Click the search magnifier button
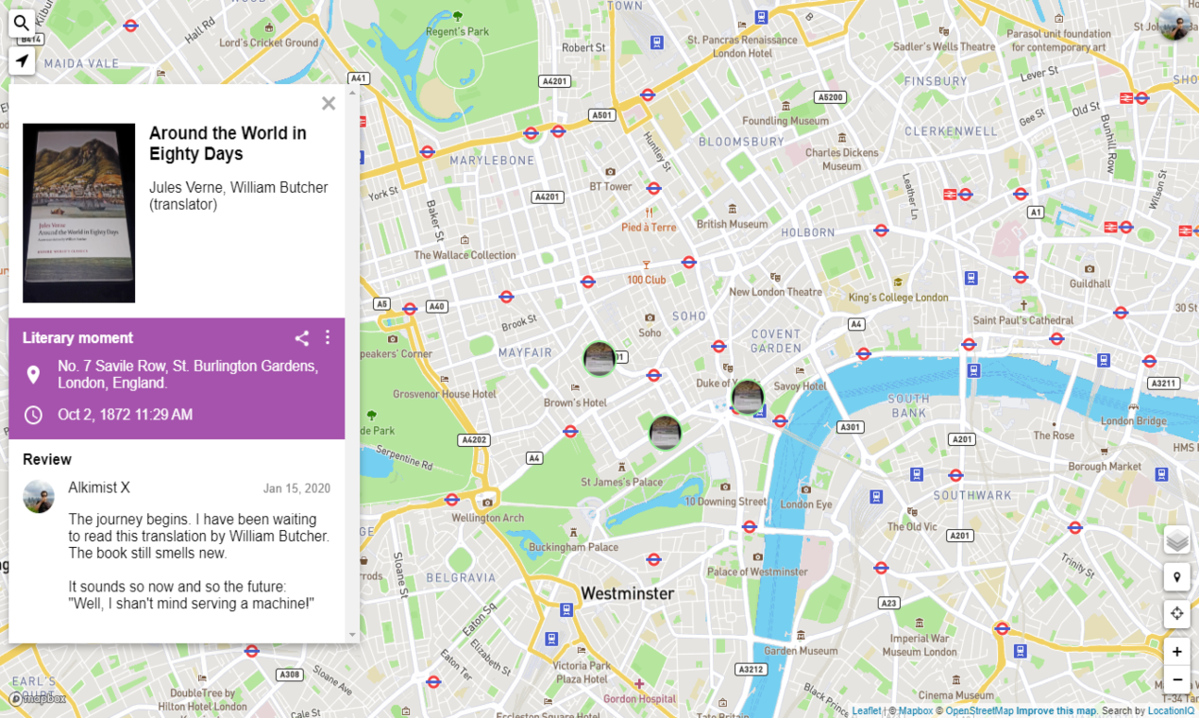(x=22, y=23)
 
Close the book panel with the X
(x=329, y=104)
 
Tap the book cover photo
(x=79, y=213)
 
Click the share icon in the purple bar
(x=301, y=338)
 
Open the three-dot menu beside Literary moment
(x=328, y=338)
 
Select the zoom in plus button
(x=1176, y=652)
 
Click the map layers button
(x=1176, y=541)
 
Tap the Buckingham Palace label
(x=573, y=547)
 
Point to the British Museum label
(x=732, y=225)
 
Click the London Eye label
(x=805, y=504)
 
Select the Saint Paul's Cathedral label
(x=1022, y=320)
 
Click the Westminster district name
(x=627, y=593)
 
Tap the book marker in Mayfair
(x=599, y=359)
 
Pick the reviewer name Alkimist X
(x=99, y=487)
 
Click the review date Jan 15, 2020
(x=296, y=488)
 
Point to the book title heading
(x=228, y=144)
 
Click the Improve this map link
(x=1055, y=711)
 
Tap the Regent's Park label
(x=457, y=32)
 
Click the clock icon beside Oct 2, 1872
(x=33, y=415)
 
